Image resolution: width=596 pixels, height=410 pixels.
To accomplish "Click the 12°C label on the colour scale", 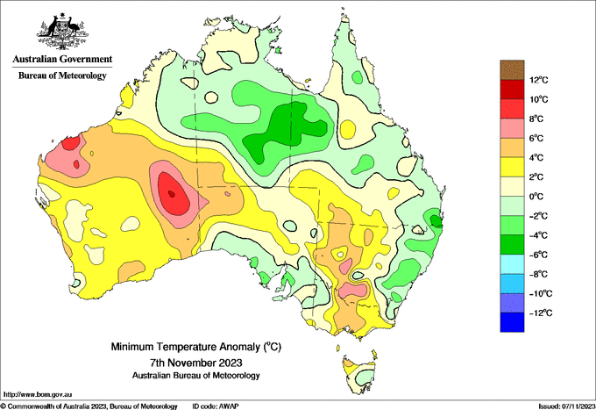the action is coord(539,80).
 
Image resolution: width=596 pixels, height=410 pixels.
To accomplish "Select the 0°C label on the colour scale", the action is coord(537,197).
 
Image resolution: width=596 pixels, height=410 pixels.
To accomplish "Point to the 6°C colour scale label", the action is coord(537,139).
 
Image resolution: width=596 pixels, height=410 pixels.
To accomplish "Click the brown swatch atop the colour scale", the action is coord(512,70).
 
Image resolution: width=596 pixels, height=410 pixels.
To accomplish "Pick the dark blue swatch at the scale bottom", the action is coord(512,322).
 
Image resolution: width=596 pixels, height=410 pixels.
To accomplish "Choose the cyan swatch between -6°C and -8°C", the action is coord(512,264).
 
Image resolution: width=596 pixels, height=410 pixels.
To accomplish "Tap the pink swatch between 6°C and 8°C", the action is coord(512,128).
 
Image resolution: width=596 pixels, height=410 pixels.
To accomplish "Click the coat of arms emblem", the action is coord(63,32).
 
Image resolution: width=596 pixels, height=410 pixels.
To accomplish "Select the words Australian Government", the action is coord(63,59).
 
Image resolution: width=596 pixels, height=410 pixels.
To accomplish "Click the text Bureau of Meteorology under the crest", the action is coord(63,76).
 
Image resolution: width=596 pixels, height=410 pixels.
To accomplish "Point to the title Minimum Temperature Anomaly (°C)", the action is coord(196,347).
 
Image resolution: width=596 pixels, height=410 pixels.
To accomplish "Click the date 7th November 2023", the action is coord(196,362).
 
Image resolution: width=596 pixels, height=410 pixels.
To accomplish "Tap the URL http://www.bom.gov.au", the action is coord(38,395).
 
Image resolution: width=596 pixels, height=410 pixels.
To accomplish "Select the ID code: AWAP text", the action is coord(216,406).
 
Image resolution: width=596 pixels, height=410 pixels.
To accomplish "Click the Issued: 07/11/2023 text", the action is coord(567,406).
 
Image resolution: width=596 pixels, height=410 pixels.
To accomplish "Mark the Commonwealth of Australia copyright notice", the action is coord(89,406).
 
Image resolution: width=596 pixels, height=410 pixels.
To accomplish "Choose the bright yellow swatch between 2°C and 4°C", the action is coord(512,167).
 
